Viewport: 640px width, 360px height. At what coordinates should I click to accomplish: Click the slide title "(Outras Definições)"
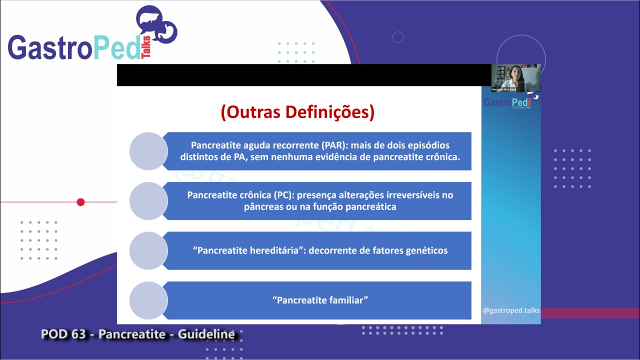coord(297,112)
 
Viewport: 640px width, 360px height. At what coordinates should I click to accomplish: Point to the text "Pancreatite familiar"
coord(320,300)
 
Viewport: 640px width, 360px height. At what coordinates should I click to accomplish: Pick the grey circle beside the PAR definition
coord(148,151)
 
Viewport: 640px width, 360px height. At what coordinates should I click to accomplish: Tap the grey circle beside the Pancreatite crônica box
coord(148,201)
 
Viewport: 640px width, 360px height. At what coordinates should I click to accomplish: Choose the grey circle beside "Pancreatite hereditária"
coord(148,250)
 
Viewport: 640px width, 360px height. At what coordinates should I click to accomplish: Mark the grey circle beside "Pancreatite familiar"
coord(148,300)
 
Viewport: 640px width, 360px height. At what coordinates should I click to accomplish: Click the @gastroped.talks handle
coord(511,310)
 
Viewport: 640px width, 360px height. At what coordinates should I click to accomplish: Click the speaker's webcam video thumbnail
coord(515,78)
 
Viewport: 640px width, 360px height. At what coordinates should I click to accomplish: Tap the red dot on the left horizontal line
coord(80,202)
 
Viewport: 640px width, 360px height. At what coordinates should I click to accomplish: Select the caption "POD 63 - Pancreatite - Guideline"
coord(138,334)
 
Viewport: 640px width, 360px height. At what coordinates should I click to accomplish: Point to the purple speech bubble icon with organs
coord(156,25)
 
